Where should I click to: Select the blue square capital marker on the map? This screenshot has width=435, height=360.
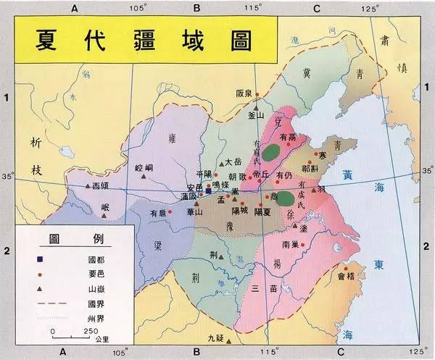209,192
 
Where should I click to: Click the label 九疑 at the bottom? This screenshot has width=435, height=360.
216,338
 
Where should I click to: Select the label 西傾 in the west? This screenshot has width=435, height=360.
101,186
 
